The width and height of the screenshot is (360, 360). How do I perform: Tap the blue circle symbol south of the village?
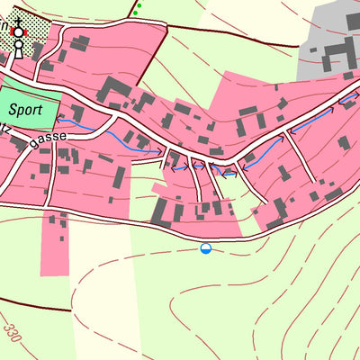coord(206,248)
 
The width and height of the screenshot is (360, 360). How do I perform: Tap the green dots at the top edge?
coord(136,10)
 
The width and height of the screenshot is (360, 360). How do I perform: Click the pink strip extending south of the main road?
coord(54,247)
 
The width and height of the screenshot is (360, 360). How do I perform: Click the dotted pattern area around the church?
coord(31,18)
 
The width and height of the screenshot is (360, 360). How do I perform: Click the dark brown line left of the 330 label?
coord(36,304)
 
